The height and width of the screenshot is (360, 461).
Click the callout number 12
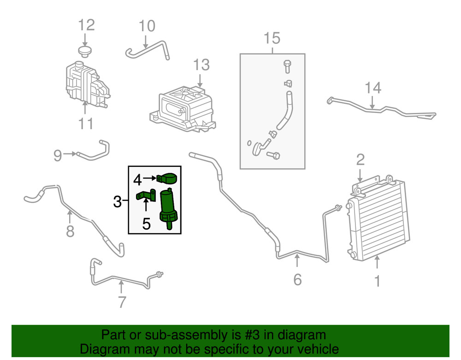[87, 25]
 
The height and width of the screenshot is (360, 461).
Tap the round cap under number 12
[85, 52]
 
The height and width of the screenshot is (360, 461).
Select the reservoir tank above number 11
[88, 83]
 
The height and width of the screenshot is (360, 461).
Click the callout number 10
[147, 26]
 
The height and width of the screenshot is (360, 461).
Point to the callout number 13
[201, 65]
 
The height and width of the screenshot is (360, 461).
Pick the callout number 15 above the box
[272, 38]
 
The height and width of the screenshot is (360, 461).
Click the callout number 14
[373, 88]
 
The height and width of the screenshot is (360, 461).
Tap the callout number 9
[58, 155]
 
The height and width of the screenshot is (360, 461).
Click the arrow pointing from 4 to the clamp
[150, 178]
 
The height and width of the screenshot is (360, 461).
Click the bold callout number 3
[117, 201]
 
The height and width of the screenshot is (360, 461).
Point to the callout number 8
[70, 231]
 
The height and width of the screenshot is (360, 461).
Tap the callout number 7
[122, 302]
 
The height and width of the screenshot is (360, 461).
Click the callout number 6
[297, 279]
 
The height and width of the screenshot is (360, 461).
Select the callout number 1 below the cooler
[378, 281]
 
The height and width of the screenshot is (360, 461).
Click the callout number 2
[361, 159]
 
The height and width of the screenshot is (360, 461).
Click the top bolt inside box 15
[287, 66]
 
